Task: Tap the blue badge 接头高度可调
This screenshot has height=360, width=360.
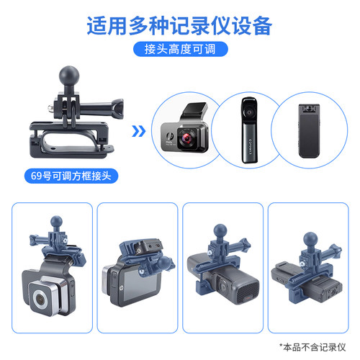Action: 179,50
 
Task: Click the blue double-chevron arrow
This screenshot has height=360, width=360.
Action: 140,131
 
